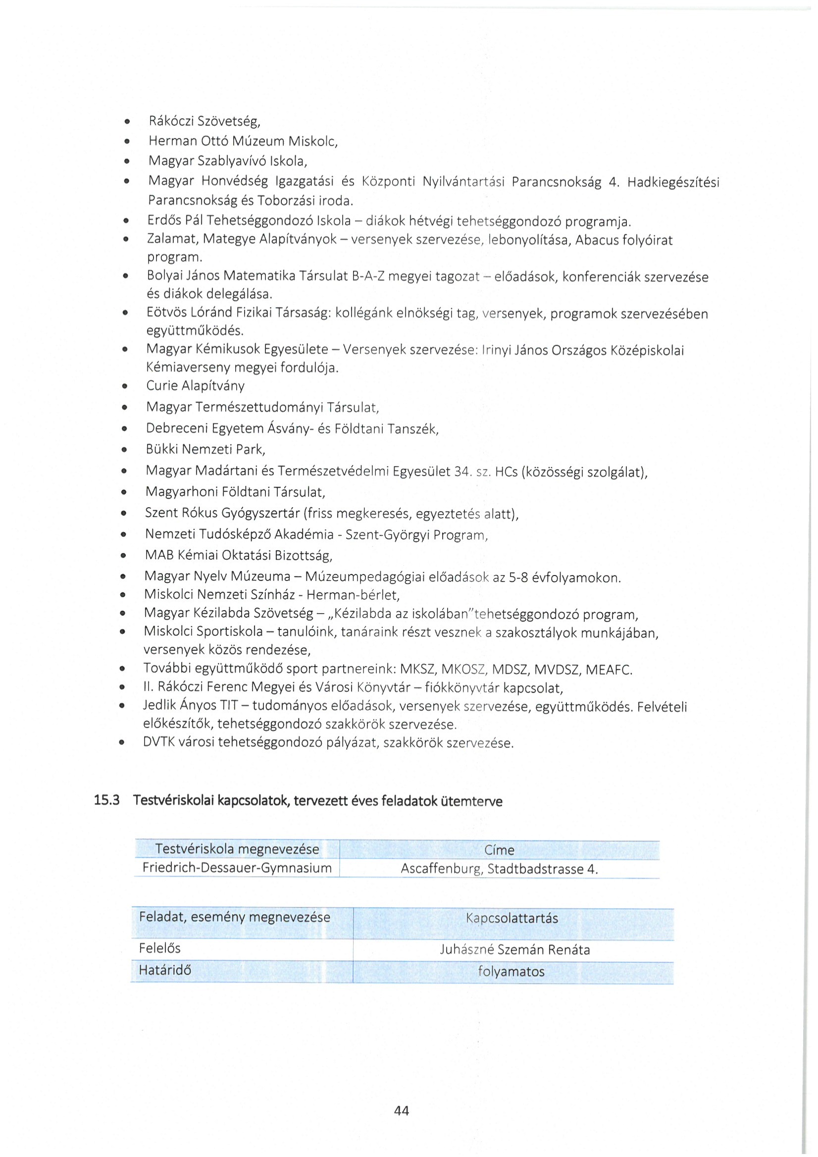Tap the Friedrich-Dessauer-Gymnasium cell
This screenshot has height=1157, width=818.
(x=237, y=868)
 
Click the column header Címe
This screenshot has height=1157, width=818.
(x=499, y=850)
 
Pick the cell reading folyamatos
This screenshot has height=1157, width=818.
(x=511, y=972)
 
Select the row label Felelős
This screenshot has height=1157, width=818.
(x=159, y=948)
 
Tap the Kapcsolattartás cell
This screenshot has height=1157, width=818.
(x=512, y=918)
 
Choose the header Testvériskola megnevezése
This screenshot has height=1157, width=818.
(x=237, y=849)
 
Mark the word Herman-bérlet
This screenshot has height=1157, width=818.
(x=353, y=595)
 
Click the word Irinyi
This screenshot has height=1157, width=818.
(x=497, y=350)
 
